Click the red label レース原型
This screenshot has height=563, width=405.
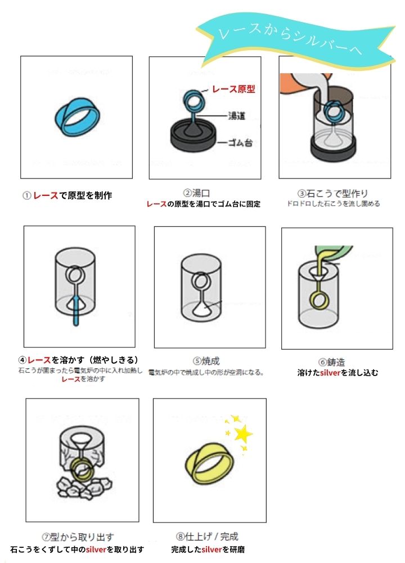233,89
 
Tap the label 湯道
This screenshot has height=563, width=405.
237,116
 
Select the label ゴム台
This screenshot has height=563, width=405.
240,142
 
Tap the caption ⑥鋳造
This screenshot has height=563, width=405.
331,362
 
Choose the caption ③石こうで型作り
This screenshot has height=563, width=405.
333,194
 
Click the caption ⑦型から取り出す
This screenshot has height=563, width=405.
78,537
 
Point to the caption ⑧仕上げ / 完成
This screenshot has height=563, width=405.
207,537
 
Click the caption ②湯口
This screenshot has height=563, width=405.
196,193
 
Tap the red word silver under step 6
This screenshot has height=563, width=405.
330,373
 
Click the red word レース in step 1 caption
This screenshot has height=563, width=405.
46,195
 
